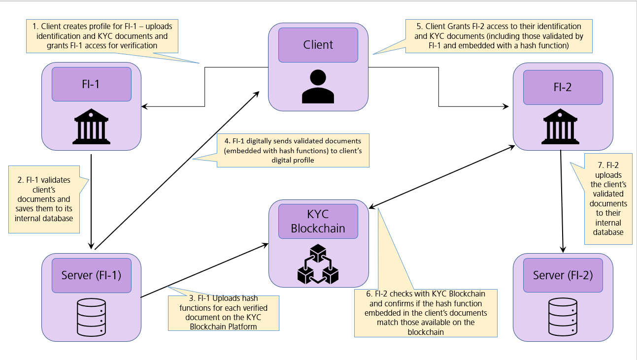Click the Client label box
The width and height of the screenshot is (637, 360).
(x=318, y=45)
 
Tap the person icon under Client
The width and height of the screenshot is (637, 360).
(x=318, y=86)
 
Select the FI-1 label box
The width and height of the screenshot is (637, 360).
(x=91, y=84)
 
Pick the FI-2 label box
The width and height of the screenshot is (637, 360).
(x=563, y=87)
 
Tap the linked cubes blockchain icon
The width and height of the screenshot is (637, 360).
(x=318, y=264)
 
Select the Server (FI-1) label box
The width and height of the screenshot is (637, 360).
(x=92, y=275)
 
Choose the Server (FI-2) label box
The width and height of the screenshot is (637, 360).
(x=563, y=275)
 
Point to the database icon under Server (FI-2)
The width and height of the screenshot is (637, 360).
(x=563, y=317)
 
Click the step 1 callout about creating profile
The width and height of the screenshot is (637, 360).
(x=101, y=35)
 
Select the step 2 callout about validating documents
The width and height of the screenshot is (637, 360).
(x=45, y=199)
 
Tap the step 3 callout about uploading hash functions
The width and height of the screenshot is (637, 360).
(x=224, y=313)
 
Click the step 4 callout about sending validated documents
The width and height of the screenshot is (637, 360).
(x=293, y=150)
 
